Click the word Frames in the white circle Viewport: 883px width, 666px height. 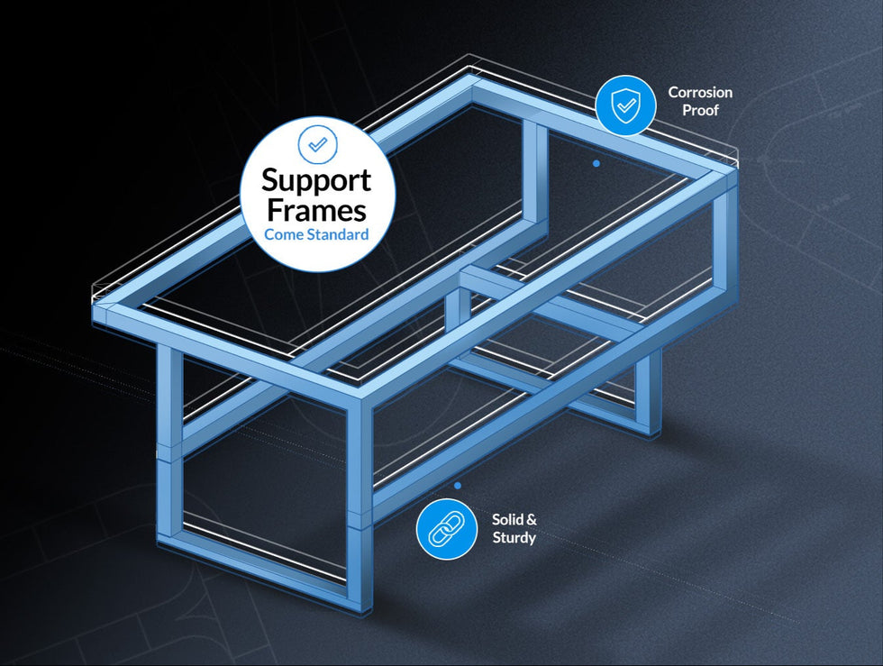(x=316, y=210)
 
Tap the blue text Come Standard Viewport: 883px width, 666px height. (x=316, y=234)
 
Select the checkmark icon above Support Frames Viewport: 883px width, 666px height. (x=317, y=144)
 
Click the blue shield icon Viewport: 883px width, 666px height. (x=625, y=105)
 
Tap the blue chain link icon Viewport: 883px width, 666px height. (x=447, y=529)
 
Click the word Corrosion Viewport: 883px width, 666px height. (x=700, y=93)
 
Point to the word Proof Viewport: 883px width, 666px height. (x=701, y=111)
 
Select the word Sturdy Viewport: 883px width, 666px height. (x=514, y=537)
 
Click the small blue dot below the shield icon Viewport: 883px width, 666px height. (x=596, y=163)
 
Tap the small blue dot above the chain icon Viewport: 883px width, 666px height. (x=458, y=485)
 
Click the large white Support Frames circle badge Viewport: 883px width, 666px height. (x=317, y=195)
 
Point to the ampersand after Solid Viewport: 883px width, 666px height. (x=531, y=519)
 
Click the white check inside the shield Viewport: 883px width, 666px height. (x=626, y=105)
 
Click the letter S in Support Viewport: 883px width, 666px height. (x=270, y=180)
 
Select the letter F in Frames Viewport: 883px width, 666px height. (x=275, y=210)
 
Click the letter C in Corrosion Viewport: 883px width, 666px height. (x=674, y=93)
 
